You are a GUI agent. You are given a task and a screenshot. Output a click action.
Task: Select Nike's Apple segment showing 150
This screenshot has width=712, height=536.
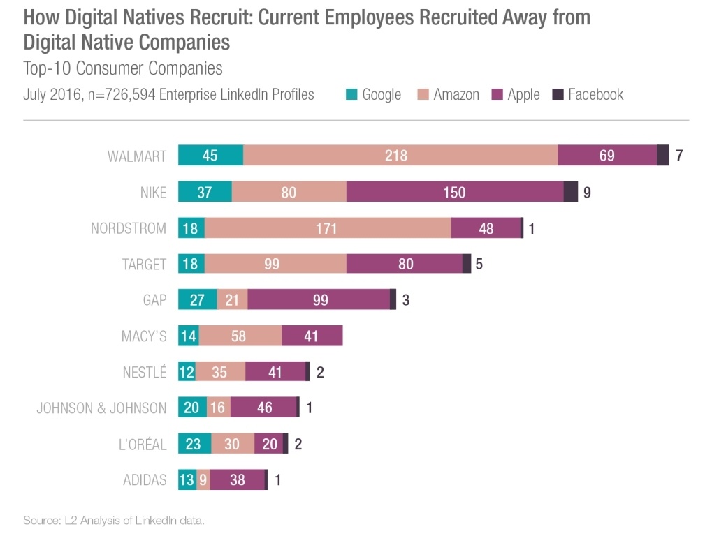tap(454, 192)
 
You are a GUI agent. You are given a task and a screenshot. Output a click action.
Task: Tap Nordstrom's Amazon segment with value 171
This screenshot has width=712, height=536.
tap(327, 228)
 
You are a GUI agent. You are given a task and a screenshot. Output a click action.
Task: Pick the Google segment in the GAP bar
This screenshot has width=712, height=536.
tap(197, 300)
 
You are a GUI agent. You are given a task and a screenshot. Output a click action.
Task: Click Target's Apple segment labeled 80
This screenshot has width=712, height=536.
tap(404, 264)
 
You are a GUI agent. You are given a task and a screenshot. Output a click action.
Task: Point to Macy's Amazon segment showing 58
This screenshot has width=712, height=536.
tap(240, 336)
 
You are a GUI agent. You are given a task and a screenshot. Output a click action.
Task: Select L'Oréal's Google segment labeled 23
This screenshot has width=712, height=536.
tap(194, 444)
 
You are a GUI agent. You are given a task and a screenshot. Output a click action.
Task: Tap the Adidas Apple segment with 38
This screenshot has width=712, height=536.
tap(237, 480)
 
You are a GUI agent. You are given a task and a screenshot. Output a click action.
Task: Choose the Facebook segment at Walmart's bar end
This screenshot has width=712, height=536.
tap(663, 156)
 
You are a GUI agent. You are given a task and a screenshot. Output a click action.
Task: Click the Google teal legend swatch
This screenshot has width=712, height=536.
tap(351, 94)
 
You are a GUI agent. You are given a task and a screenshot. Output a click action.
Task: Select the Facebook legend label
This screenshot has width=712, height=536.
tap(595, 94)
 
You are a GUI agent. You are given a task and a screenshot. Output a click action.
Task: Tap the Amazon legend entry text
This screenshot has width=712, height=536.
tap(456, 94)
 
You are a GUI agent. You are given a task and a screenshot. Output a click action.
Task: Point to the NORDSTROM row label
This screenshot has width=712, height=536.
tap(129, 228)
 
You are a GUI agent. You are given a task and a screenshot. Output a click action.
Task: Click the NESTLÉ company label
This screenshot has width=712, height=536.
tap(145, 372)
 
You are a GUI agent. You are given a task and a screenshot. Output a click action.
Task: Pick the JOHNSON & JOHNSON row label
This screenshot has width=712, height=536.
tap(101, 408)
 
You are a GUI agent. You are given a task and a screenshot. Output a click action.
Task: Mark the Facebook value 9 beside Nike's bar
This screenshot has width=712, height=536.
tap(587, 192)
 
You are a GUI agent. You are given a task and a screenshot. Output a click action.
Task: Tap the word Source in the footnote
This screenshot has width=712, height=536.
tap(38, 520)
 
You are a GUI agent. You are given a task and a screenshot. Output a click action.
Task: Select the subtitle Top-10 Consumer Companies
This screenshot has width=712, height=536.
tap(123, 68)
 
